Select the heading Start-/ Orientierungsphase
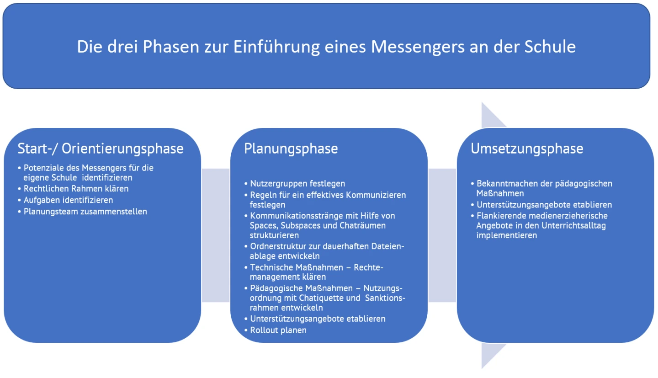[101, 149]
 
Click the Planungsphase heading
[291, 149]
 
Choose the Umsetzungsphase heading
[527, 149]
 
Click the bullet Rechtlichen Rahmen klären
[76, 188]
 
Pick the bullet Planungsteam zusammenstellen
[85, 211]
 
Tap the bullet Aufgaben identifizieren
[68, 200]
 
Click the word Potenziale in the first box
[42, 168]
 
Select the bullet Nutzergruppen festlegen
[297, 183]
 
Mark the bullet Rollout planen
[278, 330]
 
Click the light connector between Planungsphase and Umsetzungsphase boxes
[442, 235]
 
